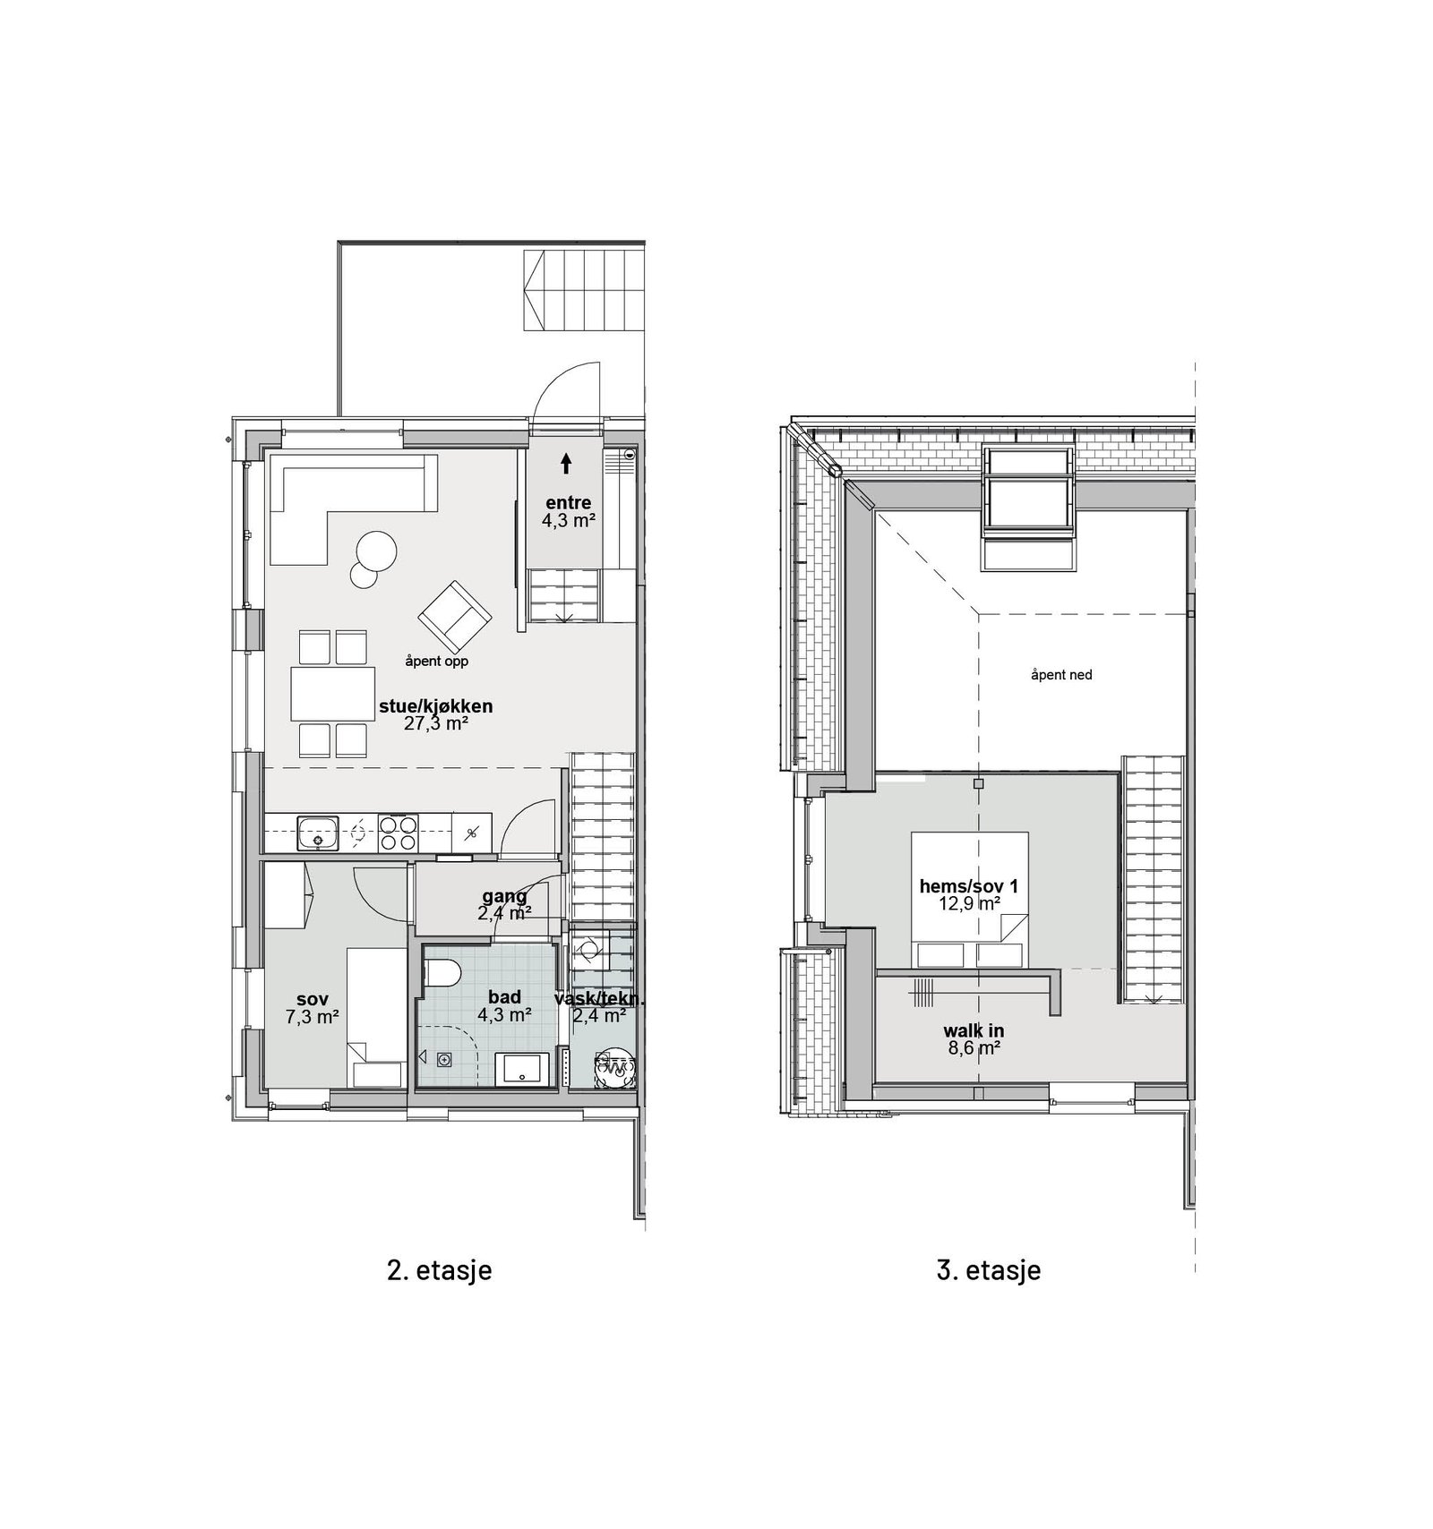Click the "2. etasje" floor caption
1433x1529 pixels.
coord(439,1269)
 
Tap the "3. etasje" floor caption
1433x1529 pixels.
coord(989,1269)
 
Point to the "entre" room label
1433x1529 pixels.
coord(569,503)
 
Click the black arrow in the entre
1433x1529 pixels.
coord(566,463)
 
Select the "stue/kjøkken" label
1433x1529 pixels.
coord(435,706)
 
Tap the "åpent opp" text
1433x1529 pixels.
coord(436,662)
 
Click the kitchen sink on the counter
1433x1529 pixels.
coord(318,833)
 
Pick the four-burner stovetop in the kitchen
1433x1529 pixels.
coord(398,833)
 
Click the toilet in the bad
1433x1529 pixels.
coord(442,972)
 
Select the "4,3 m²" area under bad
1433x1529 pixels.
coord(505,1015)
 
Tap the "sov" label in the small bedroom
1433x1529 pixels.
coord(312,999)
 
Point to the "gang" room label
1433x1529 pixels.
coord(504,896)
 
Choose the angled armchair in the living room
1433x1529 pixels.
coord(455,616)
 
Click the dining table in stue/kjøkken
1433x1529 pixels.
coord(332,694)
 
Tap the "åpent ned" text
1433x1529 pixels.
coord(1061,675)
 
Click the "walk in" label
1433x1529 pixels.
coord(973,1031)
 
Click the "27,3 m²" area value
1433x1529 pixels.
coord(436,723)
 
